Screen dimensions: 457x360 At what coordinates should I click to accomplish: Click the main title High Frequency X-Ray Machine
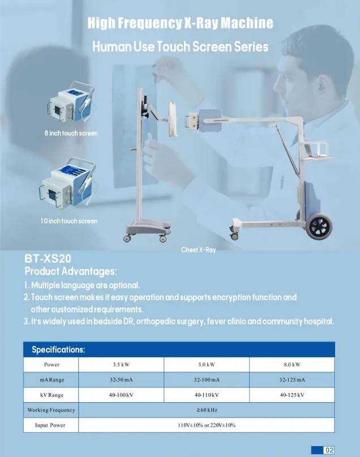point(181,23)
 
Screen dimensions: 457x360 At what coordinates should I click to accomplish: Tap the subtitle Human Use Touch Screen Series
point(181,46)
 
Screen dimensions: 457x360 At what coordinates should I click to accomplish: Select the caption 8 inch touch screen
point(72,134)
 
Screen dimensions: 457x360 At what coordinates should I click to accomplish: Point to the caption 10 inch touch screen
point(69,221)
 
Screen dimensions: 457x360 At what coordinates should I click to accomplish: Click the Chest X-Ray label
point(198,250)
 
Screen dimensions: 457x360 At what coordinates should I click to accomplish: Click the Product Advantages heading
point(71,271)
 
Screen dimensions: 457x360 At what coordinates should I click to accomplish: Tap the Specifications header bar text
point(58,349)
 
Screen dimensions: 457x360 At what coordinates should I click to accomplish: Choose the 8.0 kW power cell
point(292,365)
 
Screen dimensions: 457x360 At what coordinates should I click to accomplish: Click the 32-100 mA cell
point(207,379)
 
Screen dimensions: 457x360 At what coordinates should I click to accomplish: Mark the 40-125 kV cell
point(292,394)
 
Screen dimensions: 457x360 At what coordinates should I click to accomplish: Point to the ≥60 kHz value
point(207,409)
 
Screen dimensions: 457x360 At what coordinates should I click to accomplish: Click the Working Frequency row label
point(51,409)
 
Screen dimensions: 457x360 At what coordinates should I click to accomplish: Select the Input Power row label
point(50,425)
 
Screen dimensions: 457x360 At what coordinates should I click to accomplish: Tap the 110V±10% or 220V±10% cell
point(207,425)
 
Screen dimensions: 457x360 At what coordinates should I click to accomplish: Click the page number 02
point(329,450)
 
